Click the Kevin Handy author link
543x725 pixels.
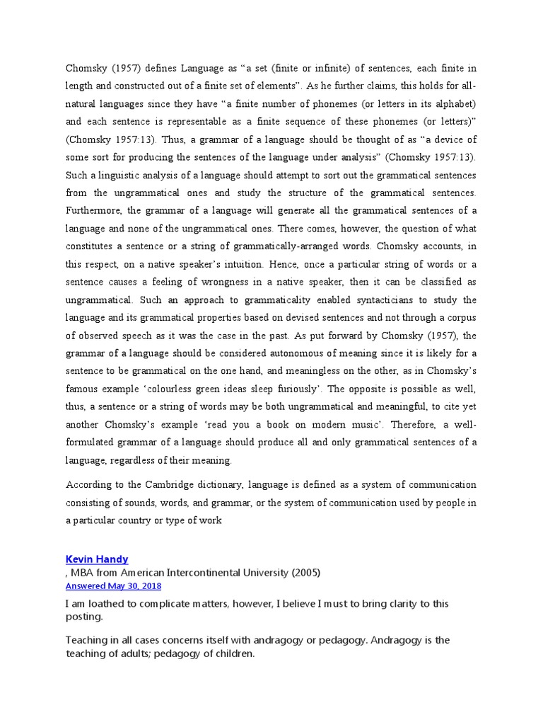point(97,559)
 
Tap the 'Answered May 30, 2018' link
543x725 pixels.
point(113,586)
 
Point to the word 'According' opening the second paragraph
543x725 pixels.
point(90,485)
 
